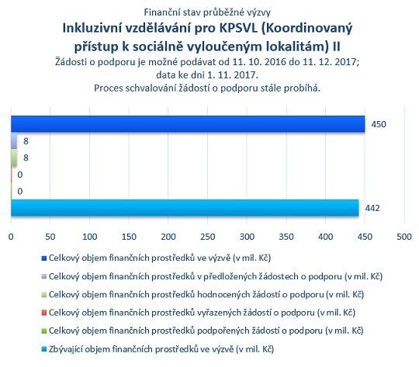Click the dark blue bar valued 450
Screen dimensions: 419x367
pyautogui.click(x=188, y=124)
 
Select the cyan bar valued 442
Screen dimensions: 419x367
pyautogui.click(x=185, y=208)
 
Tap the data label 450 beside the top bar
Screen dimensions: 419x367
pyautogui.click(x=379, y=124)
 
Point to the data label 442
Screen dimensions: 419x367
pyautogui.click(x=372, y=208)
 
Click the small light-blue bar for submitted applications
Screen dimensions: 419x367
pyautogui.click(x=14, y=141)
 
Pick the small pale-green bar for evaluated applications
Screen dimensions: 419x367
pyautogui.click(x=14, y=158)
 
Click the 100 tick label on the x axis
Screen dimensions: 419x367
pyautogui.click(x=89, y=237)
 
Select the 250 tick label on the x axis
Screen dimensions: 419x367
pyautogui.click(x=208, y=237)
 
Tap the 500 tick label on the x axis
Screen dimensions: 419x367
pyautogui.click(x=404, y=237)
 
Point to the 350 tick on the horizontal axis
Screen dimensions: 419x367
pyautogui.click(x=286, y=237)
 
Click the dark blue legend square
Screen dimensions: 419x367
pyautogui.click(x=44, y=258)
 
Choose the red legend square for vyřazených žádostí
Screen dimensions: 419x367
pyautogui.click(x=44, y=313)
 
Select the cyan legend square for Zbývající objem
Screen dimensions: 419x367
pyautogui.click(x=44, y=349)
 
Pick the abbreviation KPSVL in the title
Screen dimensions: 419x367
pyautogui.click(x=238, y=29)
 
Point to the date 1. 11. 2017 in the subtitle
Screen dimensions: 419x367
pyautogui.click(x=233, y=75)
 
